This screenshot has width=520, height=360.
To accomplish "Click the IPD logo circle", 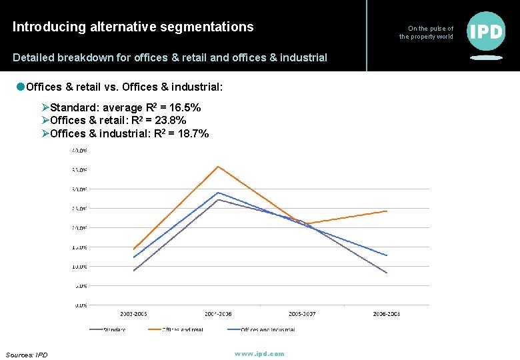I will pos(486,31).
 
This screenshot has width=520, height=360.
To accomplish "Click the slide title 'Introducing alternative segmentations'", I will pos(133,27).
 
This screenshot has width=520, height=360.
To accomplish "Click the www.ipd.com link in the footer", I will pos(259,353).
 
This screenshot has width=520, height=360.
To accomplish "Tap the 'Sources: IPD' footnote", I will pos(27,355).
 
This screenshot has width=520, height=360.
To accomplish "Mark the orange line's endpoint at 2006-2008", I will pos(387,211).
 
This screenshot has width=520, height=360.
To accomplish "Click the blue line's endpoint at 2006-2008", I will pos(387,255).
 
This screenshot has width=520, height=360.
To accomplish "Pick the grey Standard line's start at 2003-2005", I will pos(134,271).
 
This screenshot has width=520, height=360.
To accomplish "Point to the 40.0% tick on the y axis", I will pos(79,151).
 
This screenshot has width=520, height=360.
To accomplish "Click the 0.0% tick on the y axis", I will pos(79,305).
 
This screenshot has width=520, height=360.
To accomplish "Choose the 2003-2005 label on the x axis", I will pos(134,314).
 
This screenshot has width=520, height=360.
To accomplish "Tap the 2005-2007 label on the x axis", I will pos(303,314).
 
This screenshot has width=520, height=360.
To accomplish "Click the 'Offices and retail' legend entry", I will pos(182,329).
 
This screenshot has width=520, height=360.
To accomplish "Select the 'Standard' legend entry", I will pos(114,329).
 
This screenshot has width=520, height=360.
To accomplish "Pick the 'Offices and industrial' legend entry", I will pos(267,329).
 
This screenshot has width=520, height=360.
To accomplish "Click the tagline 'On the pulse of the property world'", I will pos(427,33).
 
